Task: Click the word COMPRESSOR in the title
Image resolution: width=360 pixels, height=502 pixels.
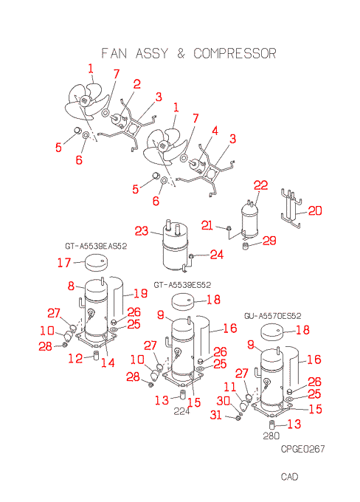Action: coord(235,53)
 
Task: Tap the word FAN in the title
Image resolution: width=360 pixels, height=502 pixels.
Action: coord(114,53)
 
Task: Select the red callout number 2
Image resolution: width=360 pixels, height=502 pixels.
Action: coord(137,84)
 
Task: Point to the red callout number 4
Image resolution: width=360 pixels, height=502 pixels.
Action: coord(215,131)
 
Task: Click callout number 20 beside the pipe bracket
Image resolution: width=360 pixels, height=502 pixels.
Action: coord(315,210)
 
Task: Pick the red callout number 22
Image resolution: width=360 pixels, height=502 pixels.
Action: coord(261,185)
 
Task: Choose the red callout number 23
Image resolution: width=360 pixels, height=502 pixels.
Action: coord(142,231)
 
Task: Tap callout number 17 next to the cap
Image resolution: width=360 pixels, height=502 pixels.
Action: coord(64,263)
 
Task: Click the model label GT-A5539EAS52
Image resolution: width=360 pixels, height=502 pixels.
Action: coord(96,246)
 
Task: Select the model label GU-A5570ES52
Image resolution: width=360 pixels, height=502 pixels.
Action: coord(273,316)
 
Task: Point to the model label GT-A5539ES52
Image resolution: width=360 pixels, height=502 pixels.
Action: coord(182,285)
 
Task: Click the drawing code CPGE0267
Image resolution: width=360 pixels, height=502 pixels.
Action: coord(302,449)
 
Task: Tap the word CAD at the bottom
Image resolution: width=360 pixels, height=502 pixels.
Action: coord(290,477)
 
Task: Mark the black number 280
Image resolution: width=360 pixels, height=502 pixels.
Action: coord(271,436)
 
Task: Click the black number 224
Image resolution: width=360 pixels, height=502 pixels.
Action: coord(181,411)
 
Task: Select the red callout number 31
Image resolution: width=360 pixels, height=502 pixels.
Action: coord(216,415)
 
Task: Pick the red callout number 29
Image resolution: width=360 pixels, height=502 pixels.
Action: coord(269,241)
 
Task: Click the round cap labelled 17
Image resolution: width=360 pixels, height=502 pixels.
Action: coord(96,263)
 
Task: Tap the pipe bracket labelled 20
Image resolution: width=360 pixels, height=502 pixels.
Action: coord(291,208)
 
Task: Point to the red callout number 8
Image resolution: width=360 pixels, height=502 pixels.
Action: coord(71,286)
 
